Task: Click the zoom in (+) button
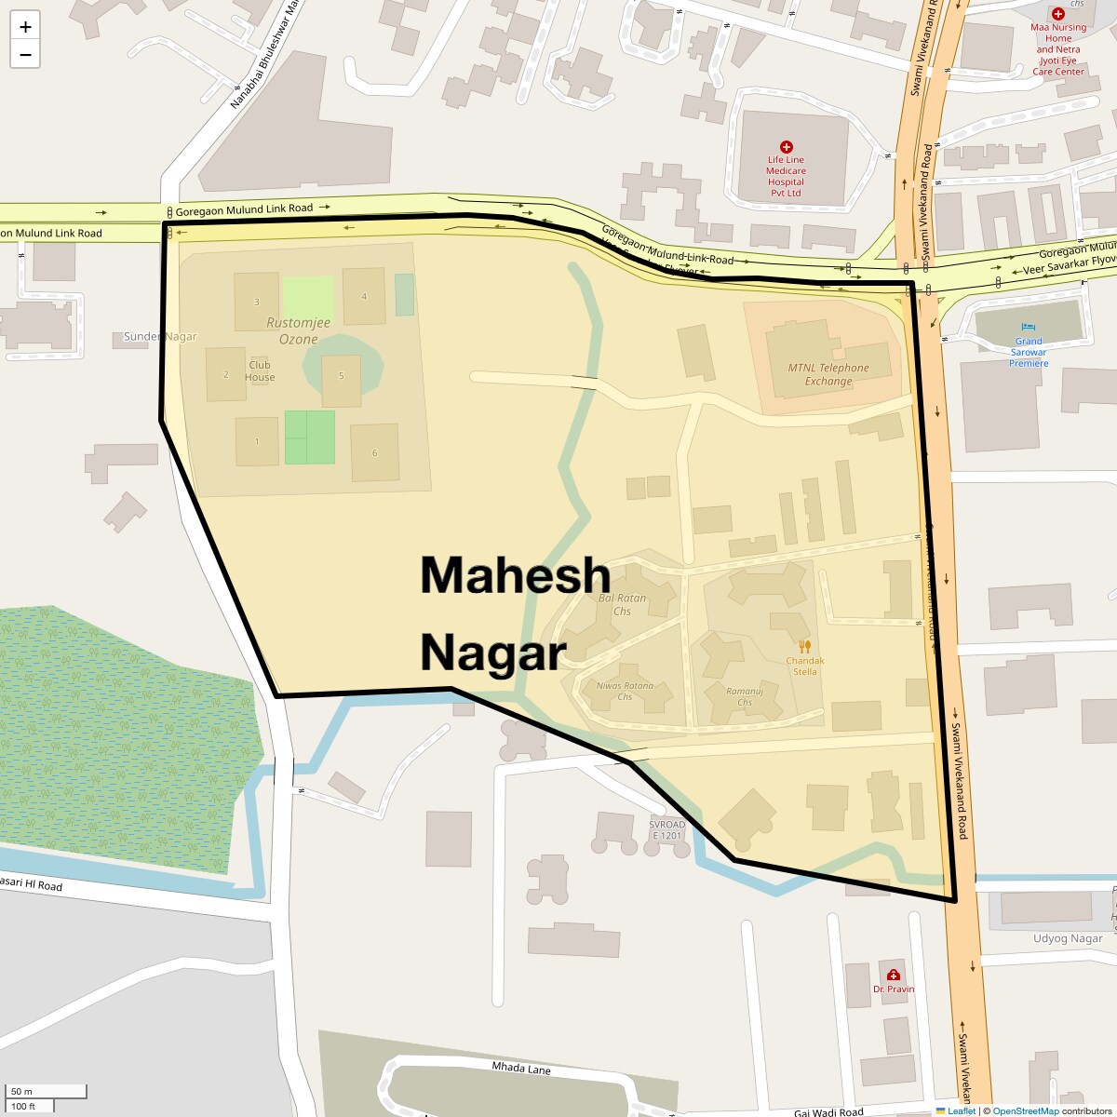click(25, 27)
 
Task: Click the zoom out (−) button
click(25, 55)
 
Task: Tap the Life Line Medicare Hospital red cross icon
click(787, 147)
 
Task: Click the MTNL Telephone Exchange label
click(828, 374)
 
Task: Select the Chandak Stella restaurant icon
click(805, 646)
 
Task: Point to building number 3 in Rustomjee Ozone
click(257, 302)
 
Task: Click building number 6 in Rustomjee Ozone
click(375, 453)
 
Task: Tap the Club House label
click(260, 371)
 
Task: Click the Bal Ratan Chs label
click(622, 605)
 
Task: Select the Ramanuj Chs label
click(745, 696)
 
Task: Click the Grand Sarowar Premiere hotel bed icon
click(1029, 327)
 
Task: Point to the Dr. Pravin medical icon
click(894, 975)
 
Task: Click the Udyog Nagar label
click(1068, 939)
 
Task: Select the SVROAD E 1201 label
click(666, 830)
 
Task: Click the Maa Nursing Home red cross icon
click(1058, 14)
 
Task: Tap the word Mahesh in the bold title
click(515, 575)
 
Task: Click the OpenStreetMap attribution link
click(1025, 1110)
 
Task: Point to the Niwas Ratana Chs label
click(625, 691)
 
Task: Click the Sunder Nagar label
click(160, 337)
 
